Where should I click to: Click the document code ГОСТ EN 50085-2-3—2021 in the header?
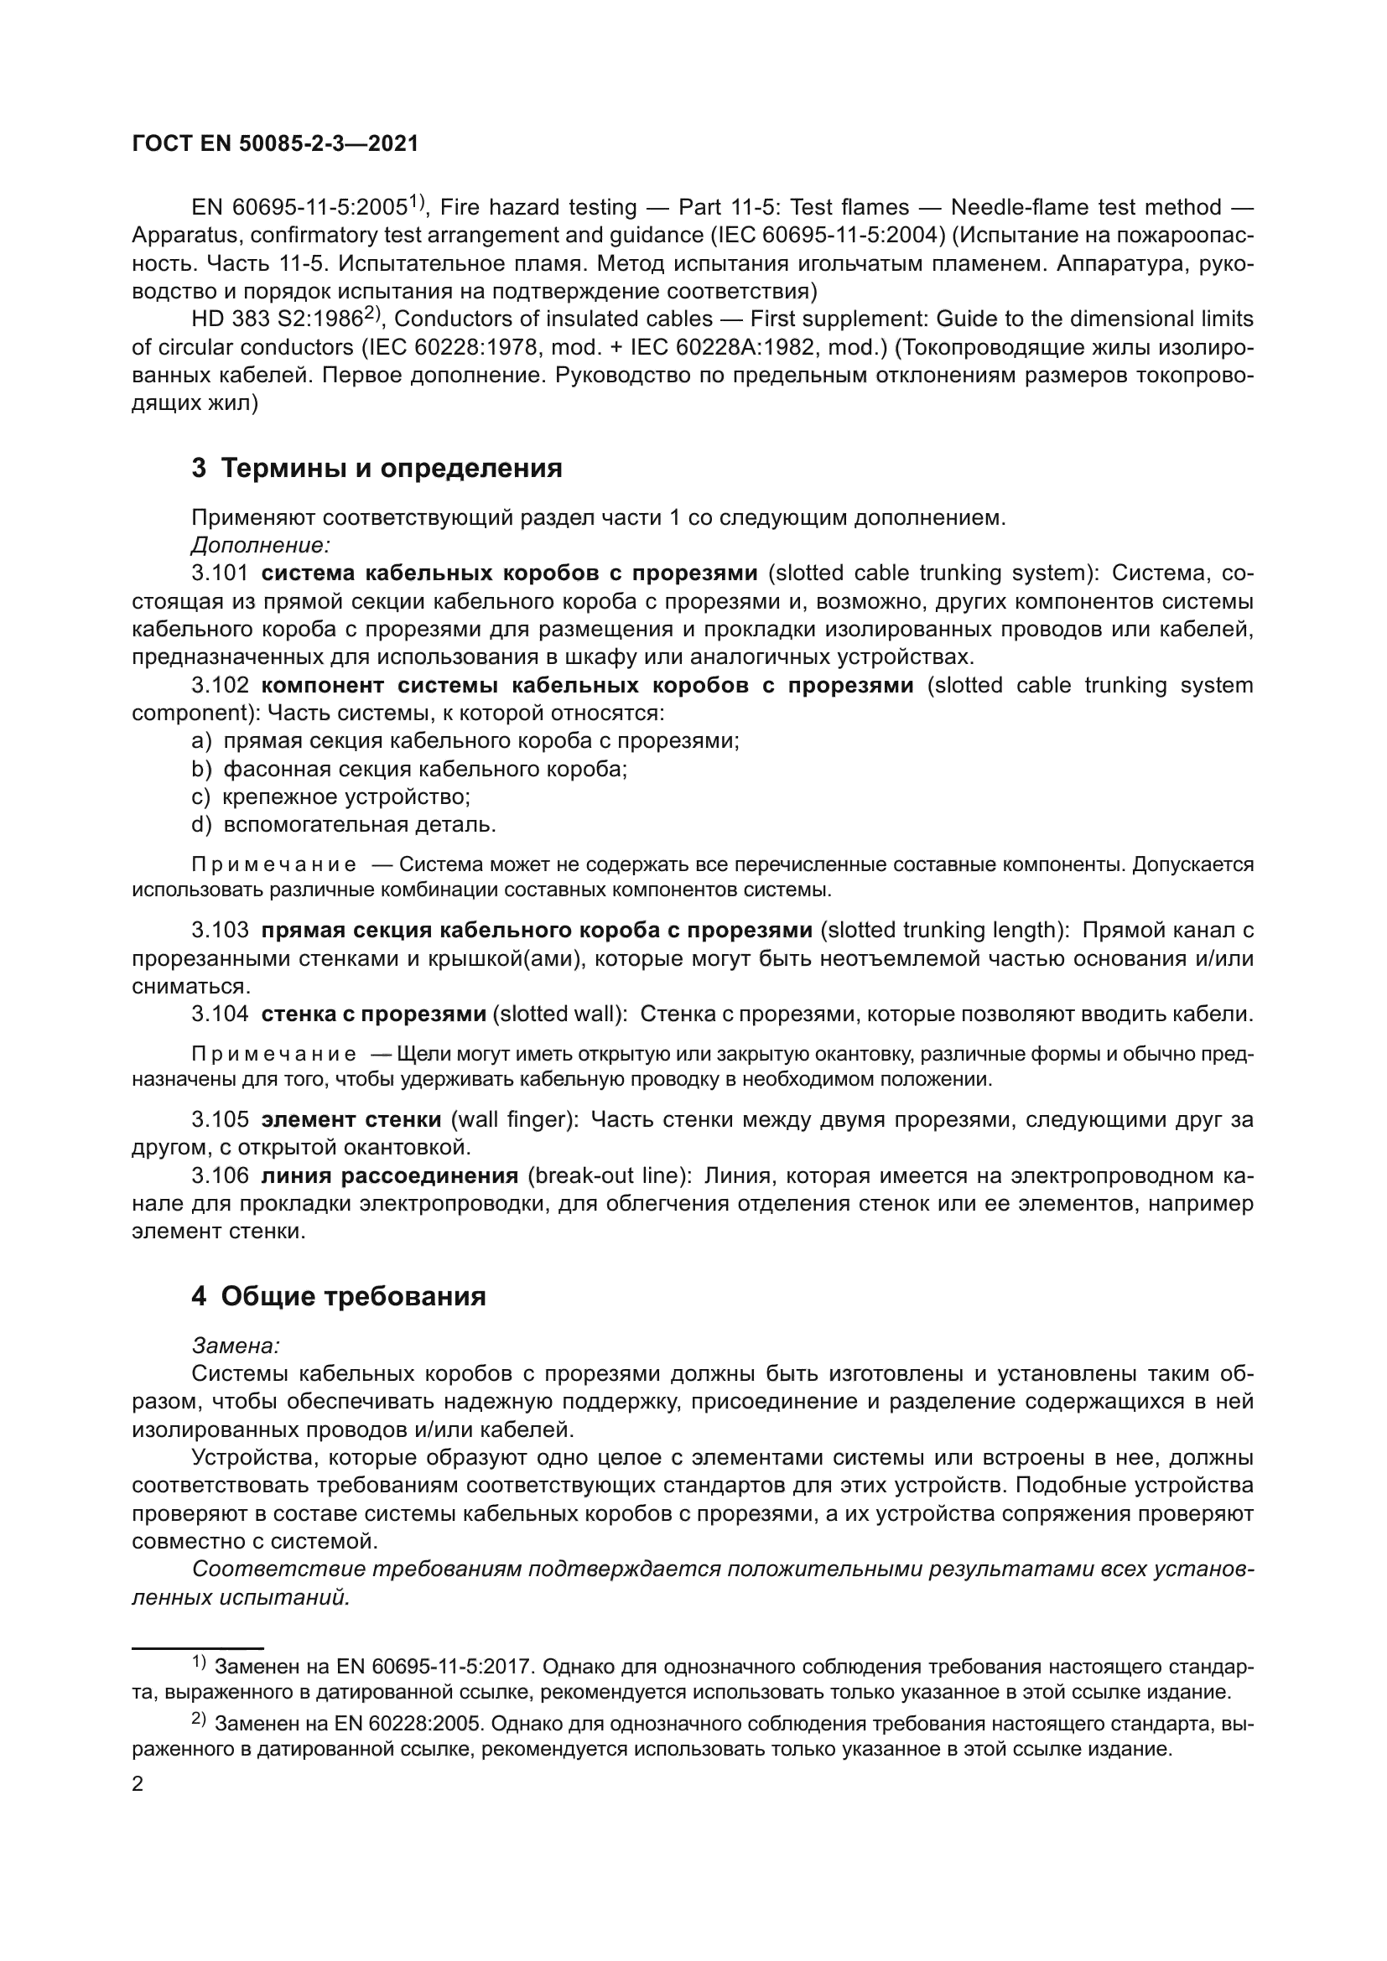point(275,143)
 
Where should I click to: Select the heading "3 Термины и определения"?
point(377,468)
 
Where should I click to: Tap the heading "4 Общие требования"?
point(338,1295)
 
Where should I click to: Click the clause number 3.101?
point(220,573)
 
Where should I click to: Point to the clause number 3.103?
point(220,930)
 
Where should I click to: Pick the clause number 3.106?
point(220,1176)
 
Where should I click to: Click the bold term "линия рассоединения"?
point(389,1176)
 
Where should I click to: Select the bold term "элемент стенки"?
point(351,1120)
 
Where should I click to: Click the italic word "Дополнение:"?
point(261,545)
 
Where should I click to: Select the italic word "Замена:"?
point(236,1346)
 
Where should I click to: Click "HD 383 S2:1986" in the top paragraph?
point(277,319)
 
